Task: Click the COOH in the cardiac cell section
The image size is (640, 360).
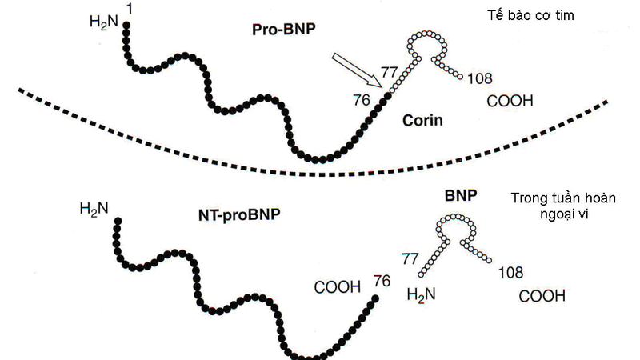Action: pos(510,101)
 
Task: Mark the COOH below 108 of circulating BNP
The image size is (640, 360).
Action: pos(542,296)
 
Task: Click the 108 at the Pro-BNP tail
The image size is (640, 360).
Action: pos(478,78)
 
